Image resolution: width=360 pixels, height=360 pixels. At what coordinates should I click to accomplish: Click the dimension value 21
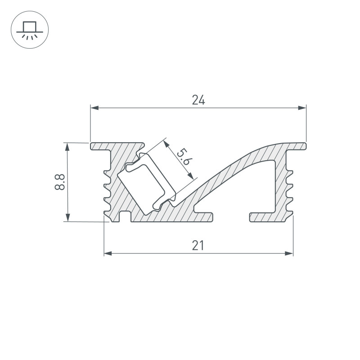(x=198, y=246)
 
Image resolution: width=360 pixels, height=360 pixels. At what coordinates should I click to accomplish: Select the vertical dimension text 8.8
(x=59, y=182)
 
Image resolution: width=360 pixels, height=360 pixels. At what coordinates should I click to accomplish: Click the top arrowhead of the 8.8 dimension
(x=67, y=146)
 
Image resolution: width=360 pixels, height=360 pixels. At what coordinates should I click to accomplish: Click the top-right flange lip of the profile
(x=297, y=146)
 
